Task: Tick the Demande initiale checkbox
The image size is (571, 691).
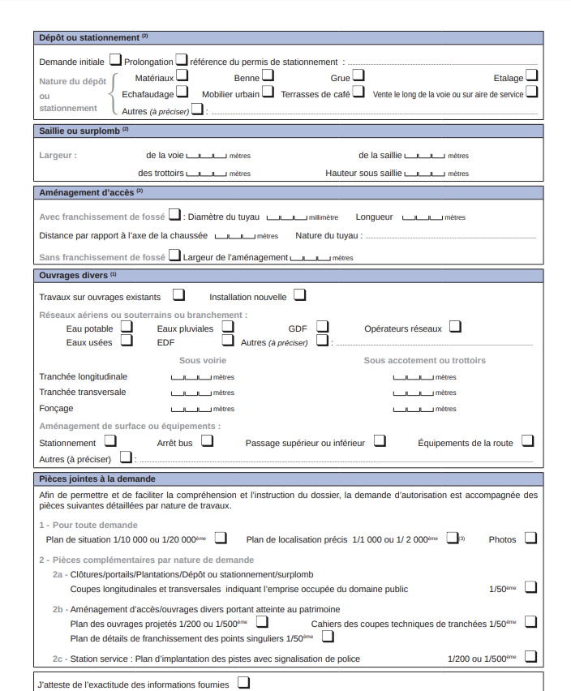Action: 115,59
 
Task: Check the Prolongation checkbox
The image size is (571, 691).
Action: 182,59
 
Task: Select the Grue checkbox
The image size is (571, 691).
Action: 358,75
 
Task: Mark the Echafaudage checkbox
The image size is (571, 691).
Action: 182,92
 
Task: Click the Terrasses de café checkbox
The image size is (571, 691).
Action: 358,92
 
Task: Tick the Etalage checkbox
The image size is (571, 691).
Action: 531,75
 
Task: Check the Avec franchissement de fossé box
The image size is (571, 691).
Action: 174,215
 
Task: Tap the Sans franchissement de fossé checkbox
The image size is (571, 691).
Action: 174,255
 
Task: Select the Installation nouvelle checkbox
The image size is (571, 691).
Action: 300,294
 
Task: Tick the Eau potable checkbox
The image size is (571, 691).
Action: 127,326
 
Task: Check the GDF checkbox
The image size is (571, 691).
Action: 322,326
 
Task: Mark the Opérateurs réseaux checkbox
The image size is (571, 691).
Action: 455,326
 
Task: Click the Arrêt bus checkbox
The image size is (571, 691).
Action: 207,440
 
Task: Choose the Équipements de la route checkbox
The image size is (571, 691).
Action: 528,440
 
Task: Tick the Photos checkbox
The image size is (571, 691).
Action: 530,537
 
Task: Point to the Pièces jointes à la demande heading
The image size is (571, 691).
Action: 97,479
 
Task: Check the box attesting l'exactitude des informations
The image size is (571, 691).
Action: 243,683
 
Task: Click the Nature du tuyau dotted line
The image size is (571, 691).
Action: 449,237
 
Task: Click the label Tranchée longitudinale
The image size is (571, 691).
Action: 83,376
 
